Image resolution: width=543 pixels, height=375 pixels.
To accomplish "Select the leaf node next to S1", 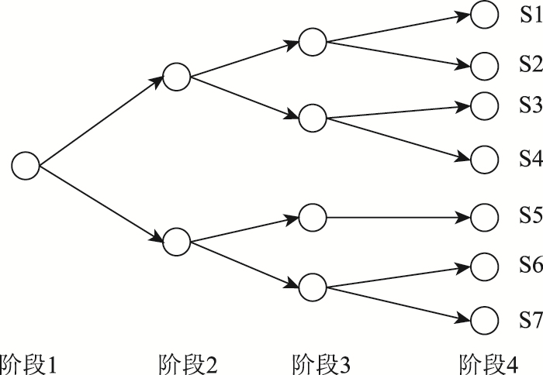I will point(484,15).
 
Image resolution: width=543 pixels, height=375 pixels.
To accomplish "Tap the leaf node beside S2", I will point(484,66).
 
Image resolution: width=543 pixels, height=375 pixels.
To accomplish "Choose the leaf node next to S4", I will point(484,181).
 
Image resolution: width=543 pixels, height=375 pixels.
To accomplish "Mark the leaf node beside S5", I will point(484,217).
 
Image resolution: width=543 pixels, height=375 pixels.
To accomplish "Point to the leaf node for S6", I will point(484,266).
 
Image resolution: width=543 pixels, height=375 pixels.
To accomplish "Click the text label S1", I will point(530,15).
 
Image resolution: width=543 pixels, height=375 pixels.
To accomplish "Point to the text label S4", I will point(530,181).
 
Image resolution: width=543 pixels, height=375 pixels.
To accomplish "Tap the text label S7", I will point(530,319).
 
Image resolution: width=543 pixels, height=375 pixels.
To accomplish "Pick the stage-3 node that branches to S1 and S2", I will point(313,42).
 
